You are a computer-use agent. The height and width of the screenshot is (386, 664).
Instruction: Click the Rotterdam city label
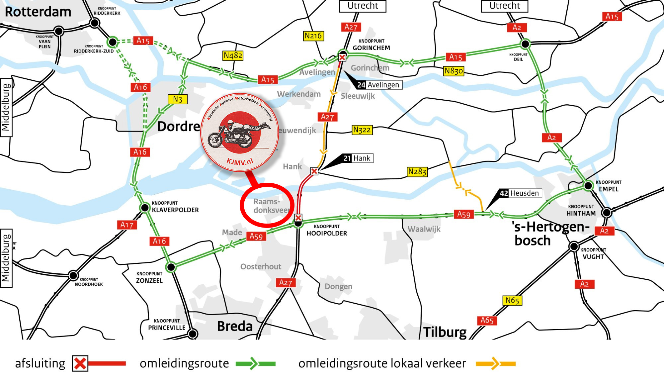point(38,12)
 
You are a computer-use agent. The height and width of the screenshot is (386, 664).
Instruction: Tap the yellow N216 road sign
point(313,36)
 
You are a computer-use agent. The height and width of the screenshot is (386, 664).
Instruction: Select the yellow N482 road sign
point(233,55)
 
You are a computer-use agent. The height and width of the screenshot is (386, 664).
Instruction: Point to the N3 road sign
point(178,99)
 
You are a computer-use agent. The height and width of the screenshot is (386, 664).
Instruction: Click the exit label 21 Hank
point(357,158)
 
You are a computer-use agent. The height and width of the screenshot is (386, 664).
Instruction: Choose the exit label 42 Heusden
point(520,193)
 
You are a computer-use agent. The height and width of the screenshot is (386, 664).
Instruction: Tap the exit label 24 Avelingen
point(379,85)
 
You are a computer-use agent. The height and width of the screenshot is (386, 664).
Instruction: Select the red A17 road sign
point(127,225)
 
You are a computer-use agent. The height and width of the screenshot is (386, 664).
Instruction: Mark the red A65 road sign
point(487,321)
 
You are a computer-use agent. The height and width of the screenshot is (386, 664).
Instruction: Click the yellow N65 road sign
point(512,301)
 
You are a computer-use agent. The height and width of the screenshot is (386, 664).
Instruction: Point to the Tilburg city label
point(445,332)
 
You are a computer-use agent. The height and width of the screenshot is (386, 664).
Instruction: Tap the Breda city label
point(235,326)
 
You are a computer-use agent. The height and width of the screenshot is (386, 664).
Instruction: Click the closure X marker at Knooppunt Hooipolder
point(298,218)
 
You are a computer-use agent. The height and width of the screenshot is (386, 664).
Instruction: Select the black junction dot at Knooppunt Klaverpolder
point(145,208)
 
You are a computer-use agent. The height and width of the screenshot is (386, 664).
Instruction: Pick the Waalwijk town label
point(424,229)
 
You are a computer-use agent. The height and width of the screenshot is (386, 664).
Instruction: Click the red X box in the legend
point(80,363)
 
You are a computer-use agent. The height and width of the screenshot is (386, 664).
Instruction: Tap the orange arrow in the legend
point(495,363)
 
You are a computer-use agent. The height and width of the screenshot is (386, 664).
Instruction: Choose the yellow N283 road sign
point(417,172)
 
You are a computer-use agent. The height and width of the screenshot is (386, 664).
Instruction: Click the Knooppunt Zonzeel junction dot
point(171,267)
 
